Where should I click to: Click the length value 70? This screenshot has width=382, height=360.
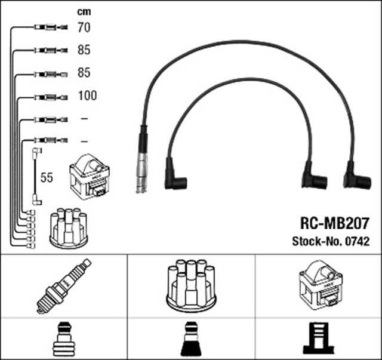84,27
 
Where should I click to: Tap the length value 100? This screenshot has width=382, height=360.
87,96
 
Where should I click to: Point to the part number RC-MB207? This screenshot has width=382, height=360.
334,224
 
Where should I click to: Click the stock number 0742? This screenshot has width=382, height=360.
357,242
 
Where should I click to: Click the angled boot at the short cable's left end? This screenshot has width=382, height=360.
177,180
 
